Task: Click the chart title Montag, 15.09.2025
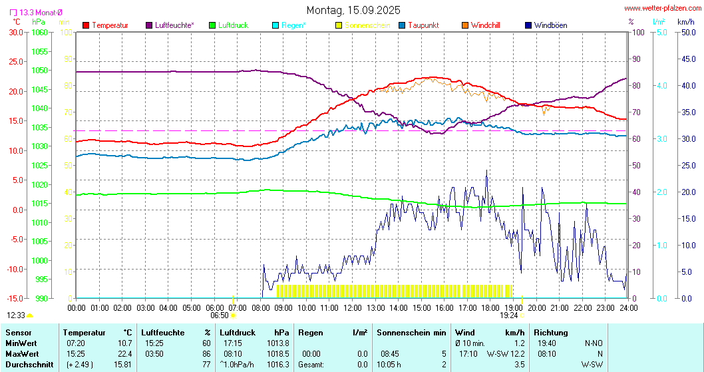(x=353, y=10)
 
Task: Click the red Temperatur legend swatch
(x=86, y=25)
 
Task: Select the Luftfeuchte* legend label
(x=174, y=25)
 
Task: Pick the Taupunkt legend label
(x=423, y=25)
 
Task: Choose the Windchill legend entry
(x=485, y=25)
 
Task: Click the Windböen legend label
(x=550, y=25)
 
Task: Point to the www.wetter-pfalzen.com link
(x=661, y=9)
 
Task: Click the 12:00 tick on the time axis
(x=352, y=308)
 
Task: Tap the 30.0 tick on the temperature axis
(x=14, y=32)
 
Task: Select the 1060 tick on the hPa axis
(x=40, y=32)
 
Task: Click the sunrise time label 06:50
(x=220, y=315)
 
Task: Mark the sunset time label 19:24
(x=509, y=315)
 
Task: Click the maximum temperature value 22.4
(x=124, y=353)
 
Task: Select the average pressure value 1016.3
(x=279, y=364)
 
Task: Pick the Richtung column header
(x=551, y=332)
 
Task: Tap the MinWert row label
(x=20, y=343)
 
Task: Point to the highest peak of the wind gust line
(x=486, y=170)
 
